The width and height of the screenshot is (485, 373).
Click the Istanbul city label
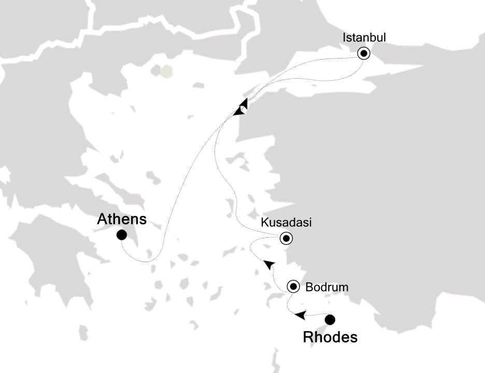coord(364,37)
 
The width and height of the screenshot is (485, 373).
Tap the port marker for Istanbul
coord(364,53)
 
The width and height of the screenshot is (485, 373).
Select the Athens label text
coord(122,220)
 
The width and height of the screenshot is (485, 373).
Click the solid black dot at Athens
coord(122,235)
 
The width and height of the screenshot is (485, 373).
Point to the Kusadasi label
coord(286,223)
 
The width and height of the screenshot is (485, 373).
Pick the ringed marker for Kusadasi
coord(286,239)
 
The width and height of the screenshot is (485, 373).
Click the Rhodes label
coord(330,338)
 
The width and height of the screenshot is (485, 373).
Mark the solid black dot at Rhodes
coord(329,320)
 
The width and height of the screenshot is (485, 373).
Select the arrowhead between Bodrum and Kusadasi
coord(269,264)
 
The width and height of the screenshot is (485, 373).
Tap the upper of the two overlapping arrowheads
coord(243,104)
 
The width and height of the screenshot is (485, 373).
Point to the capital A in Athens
coord(103,220)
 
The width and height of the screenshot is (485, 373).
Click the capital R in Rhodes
coord(308,338)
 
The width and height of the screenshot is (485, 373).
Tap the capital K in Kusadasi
coord(265,223)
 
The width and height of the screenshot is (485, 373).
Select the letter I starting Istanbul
coord(345,37)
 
